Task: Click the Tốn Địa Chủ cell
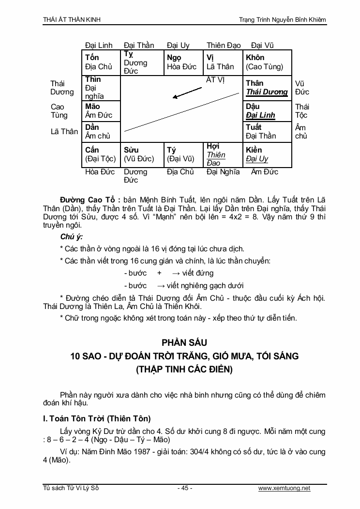point(101,62)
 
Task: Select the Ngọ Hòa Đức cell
point(182,62)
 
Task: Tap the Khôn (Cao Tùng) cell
point(267,62)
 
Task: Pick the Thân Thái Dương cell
point(267,88)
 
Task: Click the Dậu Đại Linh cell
point(267,111)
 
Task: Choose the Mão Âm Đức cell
point(101,111)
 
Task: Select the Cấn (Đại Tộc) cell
point(101,154)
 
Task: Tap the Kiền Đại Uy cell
point(267,154)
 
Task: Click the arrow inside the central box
point(187,93)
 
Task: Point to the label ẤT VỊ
point(215,80)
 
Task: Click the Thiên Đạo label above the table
point(224,46)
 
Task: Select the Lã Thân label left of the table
point(64,132)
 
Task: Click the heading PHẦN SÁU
point(180,342)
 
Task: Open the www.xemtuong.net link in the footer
point(284,488)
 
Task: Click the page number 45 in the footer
point(184,488)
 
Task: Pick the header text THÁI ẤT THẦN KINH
point(72,20)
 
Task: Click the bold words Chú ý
point(71,237)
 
